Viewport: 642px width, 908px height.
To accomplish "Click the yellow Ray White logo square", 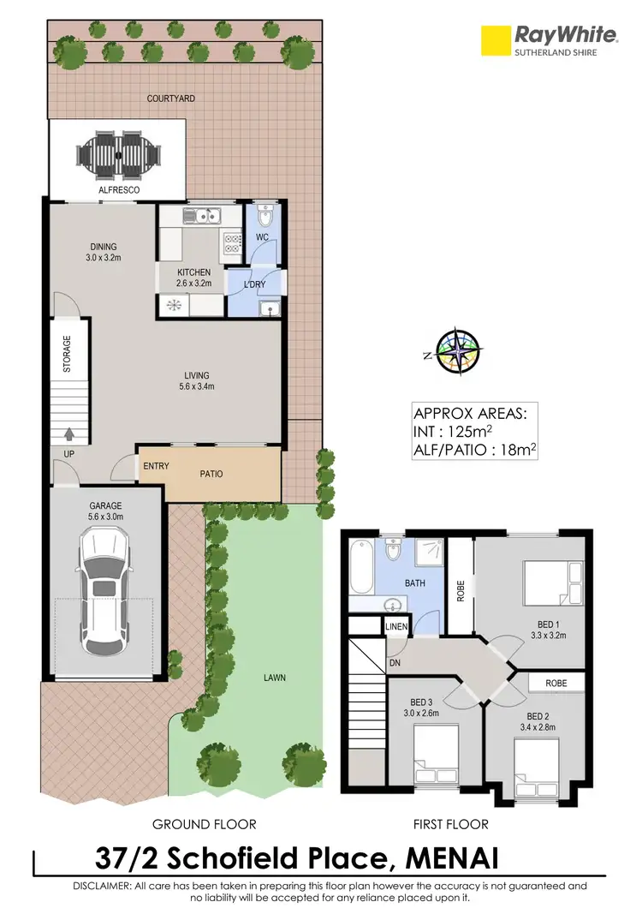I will click(x=494, y=39).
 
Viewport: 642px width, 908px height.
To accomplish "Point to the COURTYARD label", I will click(x=170, y=99).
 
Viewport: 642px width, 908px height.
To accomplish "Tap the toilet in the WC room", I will click(x=265, y=214).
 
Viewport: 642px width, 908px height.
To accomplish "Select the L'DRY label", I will click(x=255, y=284).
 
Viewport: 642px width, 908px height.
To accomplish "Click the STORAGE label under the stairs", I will click(x=67, y=352).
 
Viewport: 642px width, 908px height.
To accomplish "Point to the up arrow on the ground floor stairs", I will click(x=68, y=433).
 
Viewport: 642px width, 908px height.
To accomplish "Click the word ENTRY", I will click(x=155, y=467).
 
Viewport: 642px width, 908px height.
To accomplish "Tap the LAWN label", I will click(x=275, y=678).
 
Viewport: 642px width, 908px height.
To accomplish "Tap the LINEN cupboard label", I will click(x=397, y=628).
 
